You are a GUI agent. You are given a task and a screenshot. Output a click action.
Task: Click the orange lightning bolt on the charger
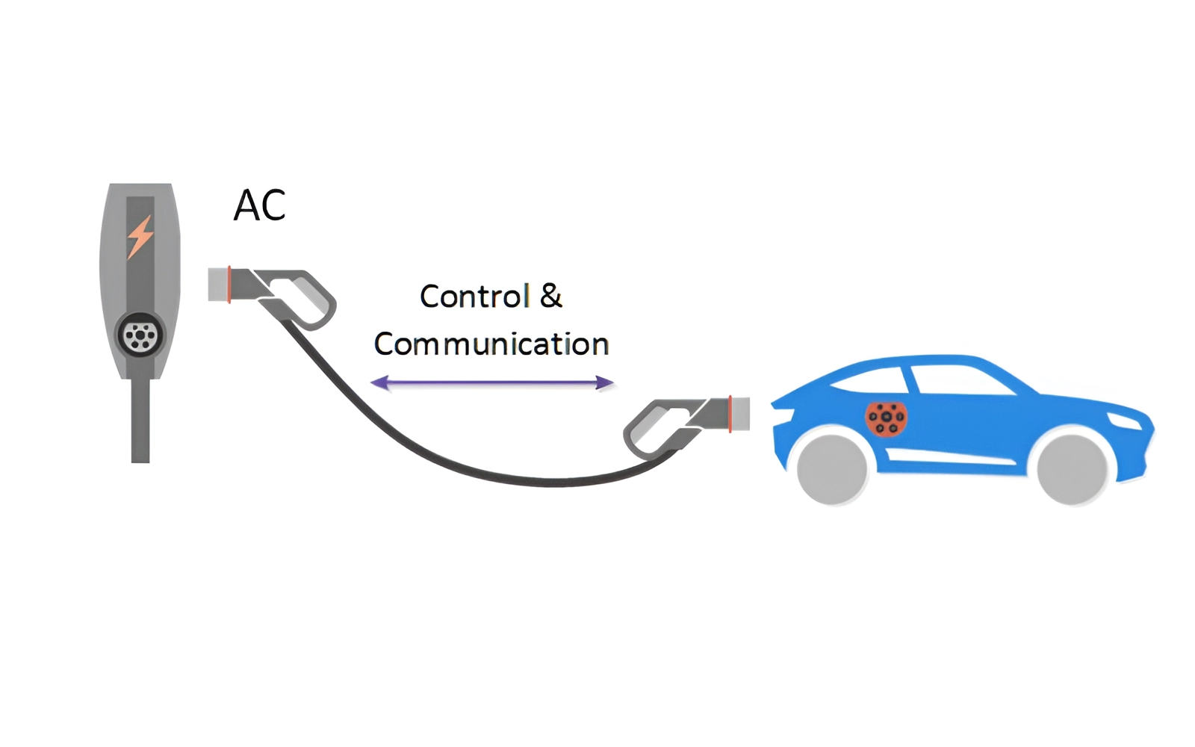pos(140,237)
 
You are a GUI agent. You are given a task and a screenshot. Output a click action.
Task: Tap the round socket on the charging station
pos(140,335)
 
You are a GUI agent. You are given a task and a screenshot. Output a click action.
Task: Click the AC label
pos(259,205)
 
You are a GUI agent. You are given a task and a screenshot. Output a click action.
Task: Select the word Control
pos(475,297)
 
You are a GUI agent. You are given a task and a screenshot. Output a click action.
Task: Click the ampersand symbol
pos(550,297)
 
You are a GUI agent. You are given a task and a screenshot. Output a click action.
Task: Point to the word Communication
pos(491,344)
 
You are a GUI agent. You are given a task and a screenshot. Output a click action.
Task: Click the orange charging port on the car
pos(887,418)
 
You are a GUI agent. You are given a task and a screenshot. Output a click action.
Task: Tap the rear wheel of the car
pos(832,469)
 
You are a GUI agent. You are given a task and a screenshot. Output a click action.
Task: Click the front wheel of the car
pos(1072,469)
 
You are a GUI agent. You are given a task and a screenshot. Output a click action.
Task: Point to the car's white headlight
pos(1124,420)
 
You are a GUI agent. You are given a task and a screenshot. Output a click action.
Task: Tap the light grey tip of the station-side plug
pos(217,285)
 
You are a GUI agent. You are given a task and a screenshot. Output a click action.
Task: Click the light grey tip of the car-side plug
pos(740,414)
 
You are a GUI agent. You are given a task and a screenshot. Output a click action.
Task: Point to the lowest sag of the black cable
pos(553,483)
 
